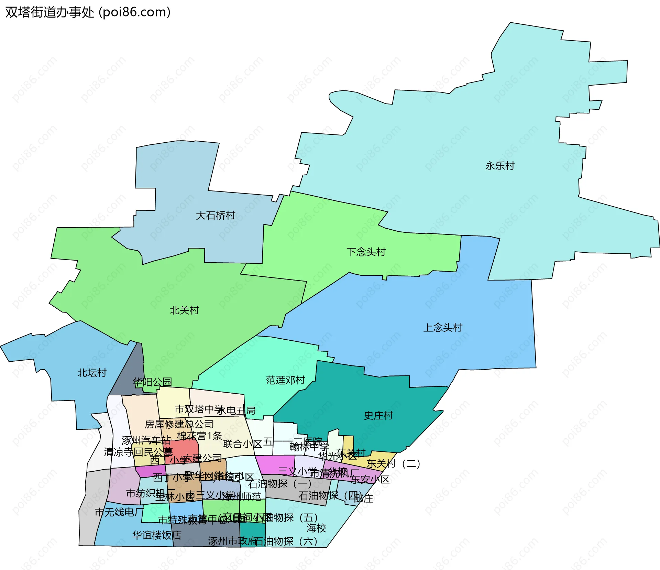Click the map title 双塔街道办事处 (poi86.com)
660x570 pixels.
point(88,12)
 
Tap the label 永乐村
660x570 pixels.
point(500,166)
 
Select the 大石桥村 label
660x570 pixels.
point(216,216)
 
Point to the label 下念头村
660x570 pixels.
point(366,252)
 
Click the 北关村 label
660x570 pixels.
point(185,310)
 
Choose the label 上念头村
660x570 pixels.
point(443,327)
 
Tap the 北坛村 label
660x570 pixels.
point(92,373)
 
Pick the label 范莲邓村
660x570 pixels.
point(285,380)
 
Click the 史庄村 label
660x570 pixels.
point(378,415)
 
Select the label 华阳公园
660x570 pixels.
point(152,382)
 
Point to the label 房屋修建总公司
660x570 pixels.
point(179,424)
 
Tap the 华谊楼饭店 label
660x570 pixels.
point(157,535)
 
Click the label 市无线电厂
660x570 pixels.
point(119,512)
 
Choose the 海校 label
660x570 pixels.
point(316,528)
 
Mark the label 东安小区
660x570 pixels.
point(370,479)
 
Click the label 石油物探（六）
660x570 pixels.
point(286,541)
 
